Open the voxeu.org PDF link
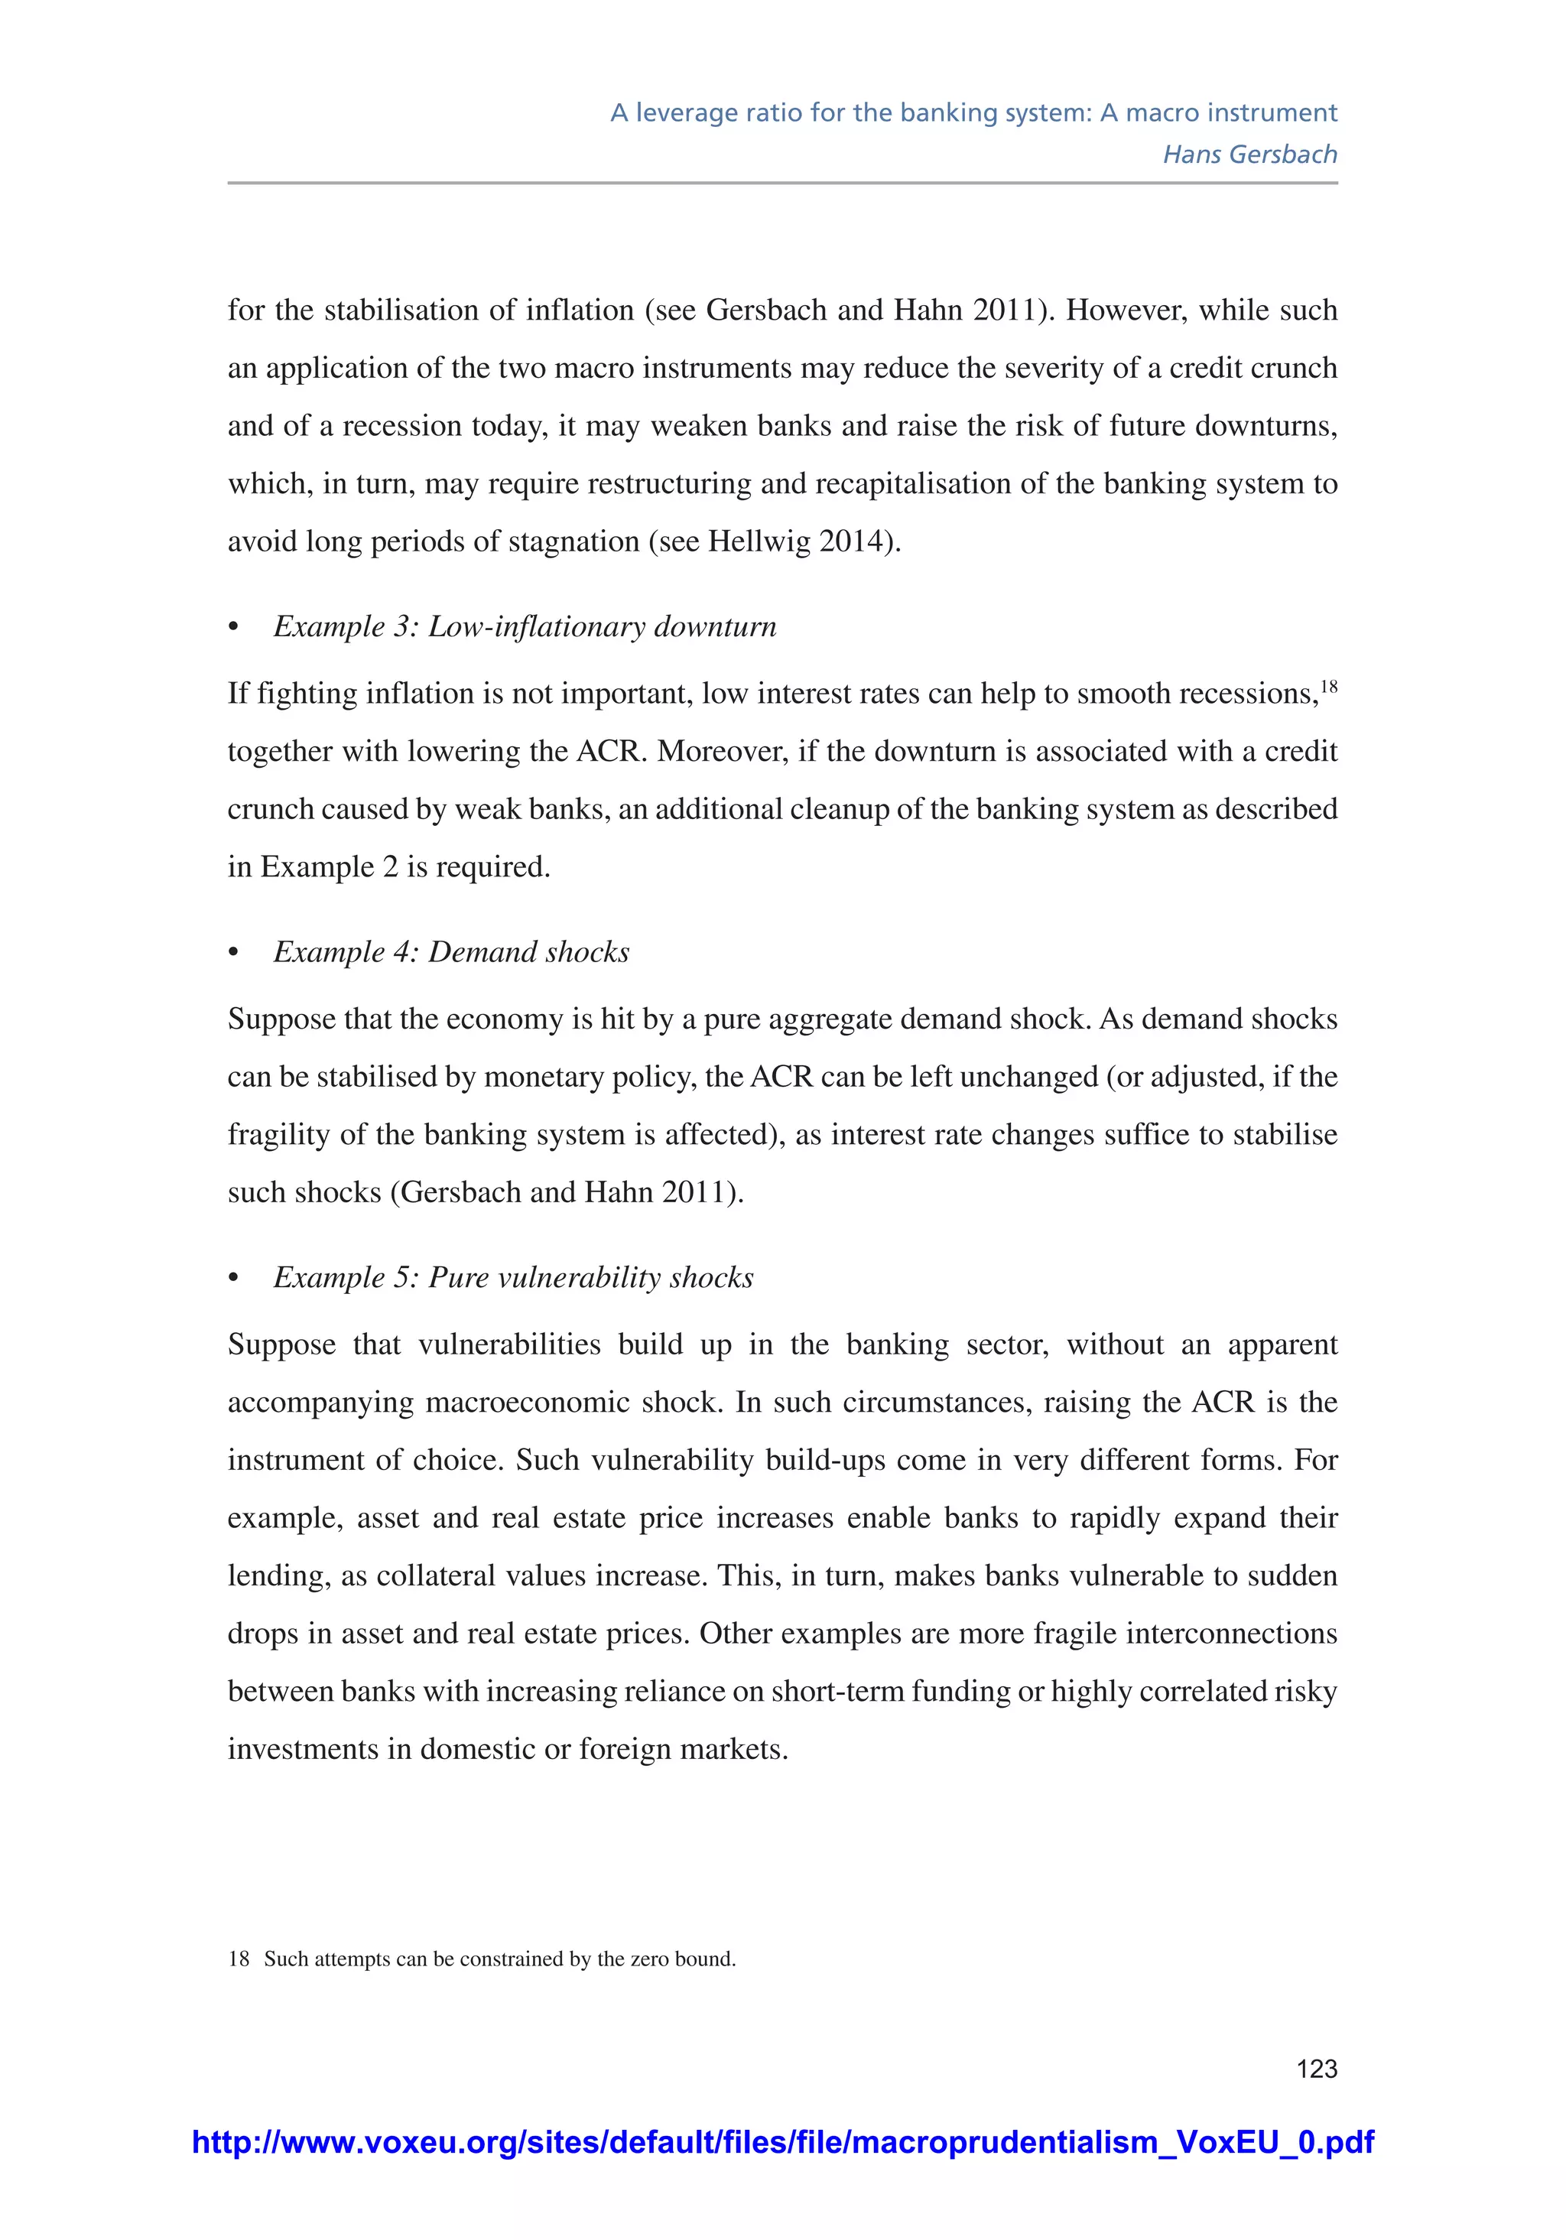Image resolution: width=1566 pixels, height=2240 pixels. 782,2141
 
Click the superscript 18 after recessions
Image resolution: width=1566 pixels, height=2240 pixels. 1329,687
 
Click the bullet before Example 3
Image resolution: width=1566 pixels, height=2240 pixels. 233,627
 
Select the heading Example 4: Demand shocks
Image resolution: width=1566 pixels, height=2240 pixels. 451,952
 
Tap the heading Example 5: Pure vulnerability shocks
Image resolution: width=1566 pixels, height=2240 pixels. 513,1277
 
